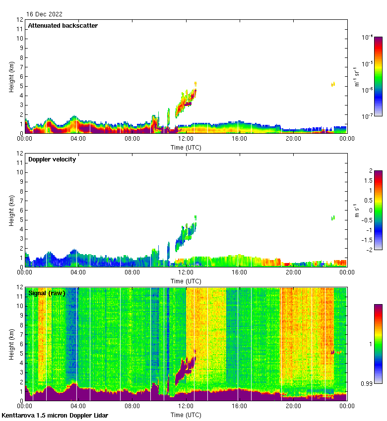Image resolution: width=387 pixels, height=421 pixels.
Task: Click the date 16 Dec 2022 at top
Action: (45, 14)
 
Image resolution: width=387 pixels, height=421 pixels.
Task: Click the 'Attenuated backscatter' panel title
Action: (63, 26)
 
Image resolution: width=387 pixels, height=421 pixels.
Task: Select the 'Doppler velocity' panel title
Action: (52, 159)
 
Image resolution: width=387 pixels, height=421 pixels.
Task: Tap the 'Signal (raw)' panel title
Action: (46, 293)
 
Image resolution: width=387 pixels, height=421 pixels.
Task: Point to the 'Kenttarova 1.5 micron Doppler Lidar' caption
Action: (55, 415)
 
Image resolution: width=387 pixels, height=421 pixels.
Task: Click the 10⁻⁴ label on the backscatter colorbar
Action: (368, 38)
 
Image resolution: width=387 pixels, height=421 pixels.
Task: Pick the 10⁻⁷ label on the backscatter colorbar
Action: (368, 116)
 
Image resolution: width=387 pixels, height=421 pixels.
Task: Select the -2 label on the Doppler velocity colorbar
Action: (369, 250)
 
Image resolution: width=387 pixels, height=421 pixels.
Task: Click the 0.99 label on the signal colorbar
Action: (368, 383)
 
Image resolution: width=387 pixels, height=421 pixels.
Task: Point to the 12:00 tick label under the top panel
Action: (186, 139)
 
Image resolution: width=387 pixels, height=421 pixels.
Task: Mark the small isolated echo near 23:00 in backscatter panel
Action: (333, 84)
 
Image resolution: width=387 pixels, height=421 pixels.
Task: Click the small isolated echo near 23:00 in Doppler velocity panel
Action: (333, 218)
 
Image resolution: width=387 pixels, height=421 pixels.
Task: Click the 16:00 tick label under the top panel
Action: (239, 139)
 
